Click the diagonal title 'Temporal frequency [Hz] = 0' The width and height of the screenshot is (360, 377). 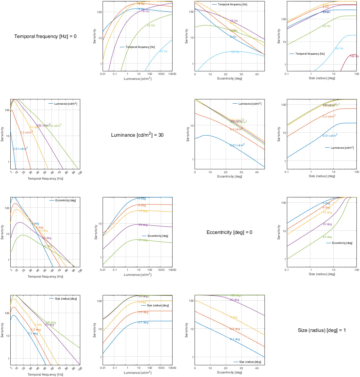[x=45, y=36]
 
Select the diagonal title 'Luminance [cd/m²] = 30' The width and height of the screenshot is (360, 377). [x=137, y=135]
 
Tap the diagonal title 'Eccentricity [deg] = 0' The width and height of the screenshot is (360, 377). [x=229, y=233]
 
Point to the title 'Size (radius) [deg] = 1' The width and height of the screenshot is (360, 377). [x=322, y=330]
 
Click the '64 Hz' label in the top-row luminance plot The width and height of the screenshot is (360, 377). [x=164, y=51]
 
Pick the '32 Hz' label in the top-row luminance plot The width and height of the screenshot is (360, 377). [x=151, y=26]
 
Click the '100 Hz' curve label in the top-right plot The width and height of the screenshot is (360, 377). [x=354, y=56]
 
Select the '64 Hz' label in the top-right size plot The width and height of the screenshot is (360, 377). [x=339, y=48]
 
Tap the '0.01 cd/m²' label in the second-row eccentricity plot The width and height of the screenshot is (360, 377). [x=237, y=145]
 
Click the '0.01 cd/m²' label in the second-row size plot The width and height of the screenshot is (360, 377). [x=329, y=136]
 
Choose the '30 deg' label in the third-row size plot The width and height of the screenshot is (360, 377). [x=327, y=224]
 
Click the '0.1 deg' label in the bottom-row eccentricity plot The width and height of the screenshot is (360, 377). [x=235, y=339]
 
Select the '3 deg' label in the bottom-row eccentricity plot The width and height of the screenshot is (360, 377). [x=234, y=317]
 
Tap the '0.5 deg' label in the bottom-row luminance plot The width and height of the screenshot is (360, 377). [x=143, y=312]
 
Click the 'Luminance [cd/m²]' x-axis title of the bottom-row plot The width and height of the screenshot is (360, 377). [x=137, y=372]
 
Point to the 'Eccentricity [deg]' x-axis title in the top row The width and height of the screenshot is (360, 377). [x=229, y=78]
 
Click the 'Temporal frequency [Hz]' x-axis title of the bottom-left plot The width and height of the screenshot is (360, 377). [x=45, y=375]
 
